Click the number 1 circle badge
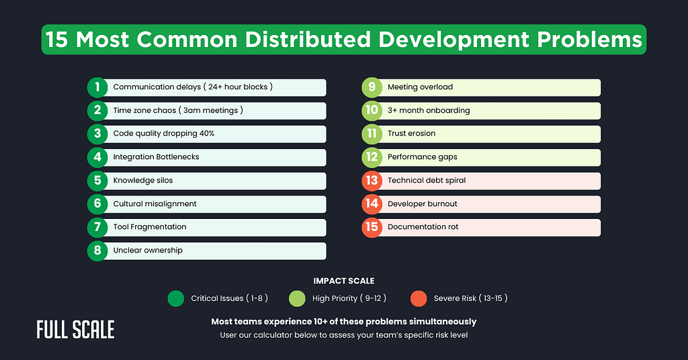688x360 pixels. [x=97, y=87]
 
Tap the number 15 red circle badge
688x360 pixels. [x=372, y=227]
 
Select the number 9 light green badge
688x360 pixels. [x=372, y=87]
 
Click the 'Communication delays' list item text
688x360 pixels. [x=192, y=87]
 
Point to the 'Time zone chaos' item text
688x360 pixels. [x=177, y=110]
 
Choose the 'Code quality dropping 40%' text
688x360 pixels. [x=163, y=134]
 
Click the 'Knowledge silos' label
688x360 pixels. [x=142, y=180]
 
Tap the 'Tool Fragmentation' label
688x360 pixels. [x=149, y=227]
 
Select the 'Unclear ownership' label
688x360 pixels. [x=147, y=251]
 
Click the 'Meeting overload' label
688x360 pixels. [x=420, y=87]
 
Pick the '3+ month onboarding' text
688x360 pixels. [x=428, y=110]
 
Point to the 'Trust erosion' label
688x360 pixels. [x=411, y=134]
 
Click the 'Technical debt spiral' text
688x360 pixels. [x=426, y=180]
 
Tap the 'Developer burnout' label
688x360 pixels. [x=422, y=204]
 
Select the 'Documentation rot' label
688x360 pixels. [x=423, y=227]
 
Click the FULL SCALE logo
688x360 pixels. [x=75, y=329]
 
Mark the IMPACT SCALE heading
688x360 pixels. [x=343, y=281]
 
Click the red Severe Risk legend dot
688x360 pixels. [x=419, y=298]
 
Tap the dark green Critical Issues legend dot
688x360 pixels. [x=176, y=298]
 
